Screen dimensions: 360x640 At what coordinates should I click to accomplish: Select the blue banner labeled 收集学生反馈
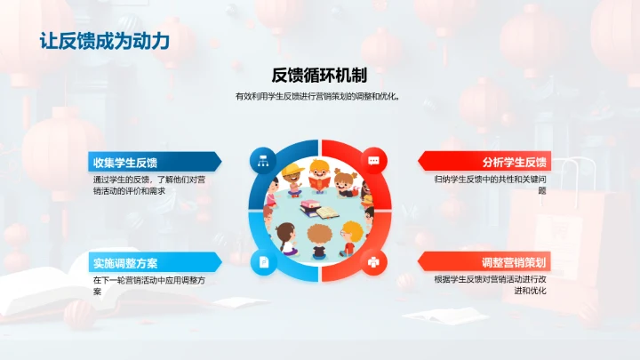151,162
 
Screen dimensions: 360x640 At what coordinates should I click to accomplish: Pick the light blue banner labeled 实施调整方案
151,262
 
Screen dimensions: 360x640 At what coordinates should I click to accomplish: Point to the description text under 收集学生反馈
149,185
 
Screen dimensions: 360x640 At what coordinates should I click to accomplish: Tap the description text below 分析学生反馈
491,185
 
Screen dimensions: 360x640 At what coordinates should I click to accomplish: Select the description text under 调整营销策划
491,284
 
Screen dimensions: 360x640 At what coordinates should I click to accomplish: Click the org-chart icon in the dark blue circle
263,161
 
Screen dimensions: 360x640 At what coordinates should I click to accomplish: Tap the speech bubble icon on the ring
374,161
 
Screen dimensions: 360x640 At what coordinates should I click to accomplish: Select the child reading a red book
321,177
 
